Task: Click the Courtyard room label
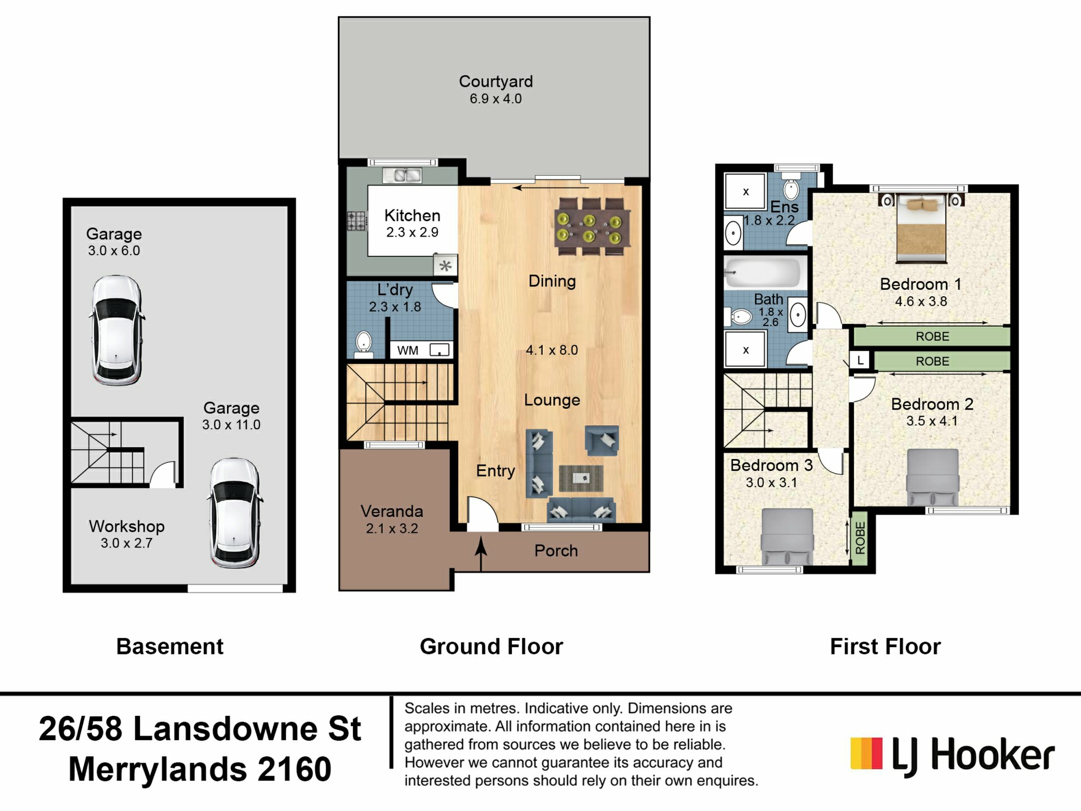click(495, 82)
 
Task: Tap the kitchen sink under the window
click(402, 175)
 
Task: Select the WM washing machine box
click(421, 350)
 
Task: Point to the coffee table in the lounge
click(581, 478)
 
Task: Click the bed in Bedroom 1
click(921, 229)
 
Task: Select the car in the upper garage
click(117, 330)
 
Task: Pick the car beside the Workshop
click(236, 513)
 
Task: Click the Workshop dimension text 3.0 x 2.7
click(127, 543)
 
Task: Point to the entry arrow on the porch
click(481, 554)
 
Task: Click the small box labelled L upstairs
click(860, 360)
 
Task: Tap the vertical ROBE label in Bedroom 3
click(860, 537)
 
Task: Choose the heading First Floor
click(885, 647)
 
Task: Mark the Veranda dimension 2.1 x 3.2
click(392, 528)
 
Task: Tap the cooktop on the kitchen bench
click(356, 221)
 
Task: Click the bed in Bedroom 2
click(932, 478)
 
